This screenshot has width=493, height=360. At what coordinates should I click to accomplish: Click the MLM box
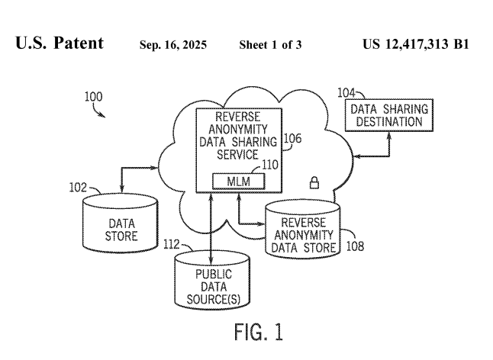click(238, 182)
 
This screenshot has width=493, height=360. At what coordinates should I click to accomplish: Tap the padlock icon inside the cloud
click(313, 182)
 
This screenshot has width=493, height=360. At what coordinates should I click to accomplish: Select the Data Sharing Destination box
click(389, 115)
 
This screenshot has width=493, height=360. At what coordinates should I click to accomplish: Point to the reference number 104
click(346, 93)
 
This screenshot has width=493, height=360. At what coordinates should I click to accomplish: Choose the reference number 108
click(354, 246)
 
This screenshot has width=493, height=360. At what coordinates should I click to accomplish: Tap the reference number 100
click(92, 97)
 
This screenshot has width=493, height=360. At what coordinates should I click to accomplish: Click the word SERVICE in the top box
click(238, 155)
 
